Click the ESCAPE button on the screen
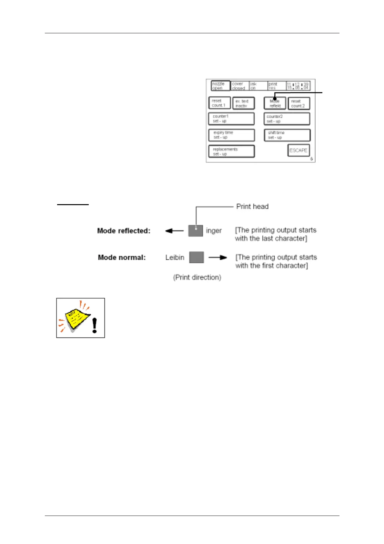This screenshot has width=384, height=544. [298, 151]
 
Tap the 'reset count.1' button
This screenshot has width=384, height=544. [219, 103]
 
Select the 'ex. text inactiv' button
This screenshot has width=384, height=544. [243, 103]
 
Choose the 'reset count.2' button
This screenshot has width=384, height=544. [298, 103]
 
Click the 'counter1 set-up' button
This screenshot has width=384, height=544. [231, 119]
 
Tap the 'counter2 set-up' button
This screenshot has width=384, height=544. [287, 119]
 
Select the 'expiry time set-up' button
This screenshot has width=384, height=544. [231, 135]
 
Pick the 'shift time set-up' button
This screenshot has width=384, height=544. [287, 135]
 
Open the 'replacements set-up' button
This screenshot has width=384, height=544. [231, 152]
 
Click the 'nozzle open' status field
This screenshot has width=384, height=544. [220, 86]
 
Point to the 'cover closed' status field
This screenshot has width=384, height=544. [240, 86]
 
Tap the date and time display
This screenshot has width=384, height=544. [298, 86]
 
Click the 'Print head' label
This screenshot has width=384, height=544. [252, 206]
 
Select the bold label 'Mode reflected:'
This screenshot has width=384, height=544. [124, 231]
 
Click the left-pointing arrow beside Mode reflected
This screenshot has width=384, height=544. [174, 231]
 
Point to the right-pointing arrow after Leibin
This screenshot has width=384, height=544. [218, 258]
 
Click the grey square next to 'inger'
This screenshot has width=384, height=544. [196, 231]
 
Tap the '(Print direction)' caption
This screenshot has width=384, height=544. [197, 277]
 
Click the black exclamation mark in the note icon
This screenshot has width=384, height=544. [94, 325]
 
